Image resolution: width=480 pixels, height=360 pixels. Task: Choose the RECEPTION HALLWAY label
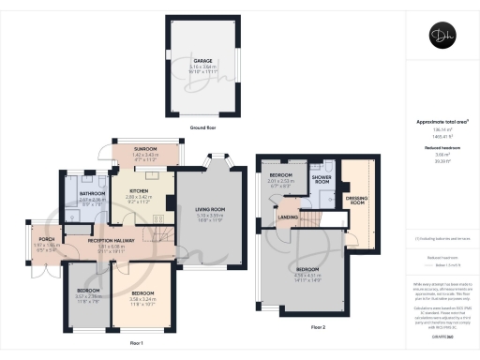(114, 241)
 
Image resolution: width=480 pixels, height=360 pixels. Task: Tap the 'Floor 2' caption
(319, 326)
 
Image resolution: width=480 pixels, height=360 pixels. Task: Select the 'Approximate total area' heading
(440, 122)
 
